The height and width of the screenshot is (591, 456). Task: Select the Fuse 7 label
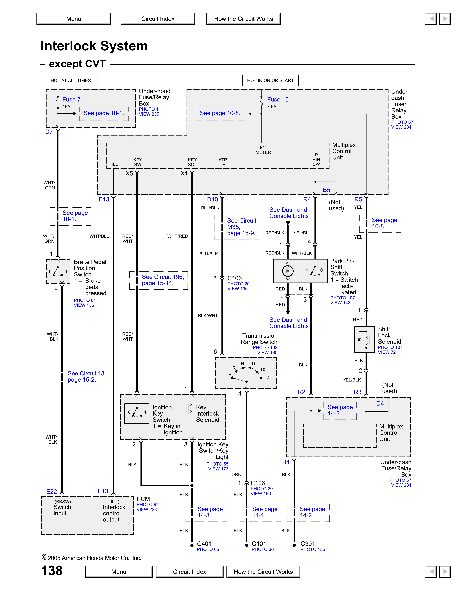(x=71, y=100)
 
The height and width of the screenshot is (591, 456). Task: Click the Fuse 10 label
(x=278, y=100)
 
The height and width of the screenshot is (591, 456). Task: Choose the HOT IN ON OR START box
(x=270, y=80)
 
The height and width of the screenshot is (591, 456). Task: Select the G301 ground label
(x=308, y=544)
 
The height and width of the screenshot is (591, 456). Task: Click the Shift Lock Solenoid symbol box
(x=365, y=339)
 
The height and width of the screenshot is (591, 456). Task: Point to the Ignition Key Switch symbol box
(x=137, y=413)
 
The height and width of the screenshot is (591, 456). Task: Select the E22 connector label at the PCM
(x=52, y=491)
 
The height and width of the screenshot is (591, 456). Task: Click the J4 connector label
(x=286, y=462)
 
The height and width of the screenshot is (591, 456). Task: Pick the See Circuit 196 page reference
(x=163, y=280)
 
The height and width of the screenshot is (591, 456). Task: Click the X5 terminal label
(x=129, y=173)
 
